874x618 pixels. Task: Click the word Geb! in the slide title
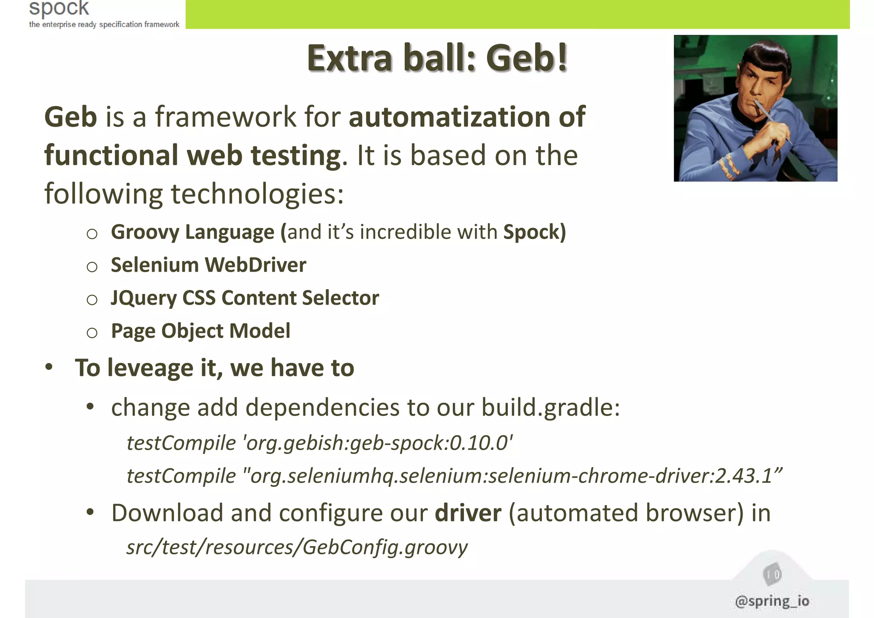(x=527, y=59)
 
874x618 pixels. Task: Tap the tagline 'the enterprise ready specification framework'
(x=104, y=24)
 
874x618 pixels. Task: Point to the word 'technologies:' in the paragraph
(x=257, y=194)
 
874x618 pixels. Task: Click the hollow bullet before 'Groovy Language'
(x=92, y=234)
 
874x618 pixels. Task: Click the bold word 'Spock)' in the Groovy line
(x=534, y=232)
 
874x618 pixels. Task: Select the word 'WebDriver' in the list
(x=256, y=265)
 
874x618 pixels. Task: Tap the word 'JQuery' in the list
(x=143, y=298)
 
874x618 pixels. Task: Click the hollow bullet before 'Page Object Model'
(x=92, y=333)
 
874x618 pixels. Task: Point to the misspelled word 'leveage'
(x=150, y=368)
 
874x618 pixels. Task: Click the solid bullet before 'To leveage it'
(x=50, y=367)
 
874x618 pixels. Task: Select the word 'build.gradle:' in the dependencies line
(x=551, y=407)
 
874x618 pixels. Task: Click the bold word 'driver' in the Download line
(x=468, y=513)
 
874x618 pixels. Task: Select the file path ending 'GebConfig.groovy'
(x=297, y=547)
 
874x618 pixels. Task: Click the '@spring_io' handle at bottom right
(x=772, y=601)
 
